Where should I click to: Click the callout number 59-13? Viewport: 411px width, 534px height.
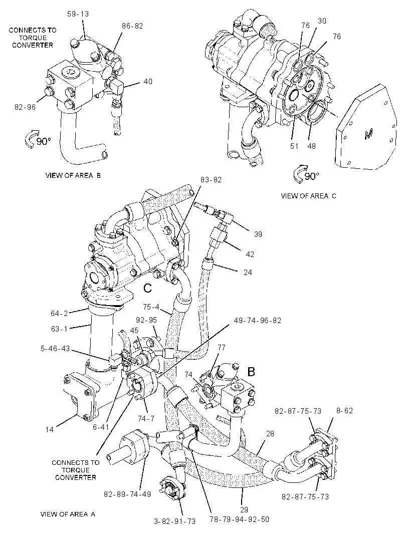click(x=78, y=14)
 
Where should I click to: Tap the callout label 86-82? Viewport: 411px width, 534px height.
click(x=132, y=26)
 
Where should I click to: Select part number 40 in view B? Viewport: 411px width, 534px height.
click(x=148, y=81)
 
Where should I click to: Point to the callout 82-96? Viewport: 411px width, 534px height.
click(x=25, y=107)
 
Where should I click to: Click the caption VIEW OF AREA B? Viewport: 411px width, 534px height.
click(x=73, y=175)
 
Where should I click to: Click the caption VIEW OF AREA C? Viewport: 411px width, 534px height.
click(x=308, y=196)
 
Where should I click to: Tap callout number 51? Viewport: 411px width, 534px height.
click(x=294, y=146)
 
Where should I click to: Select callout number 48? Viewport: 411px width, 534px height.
click(x=311, y=146)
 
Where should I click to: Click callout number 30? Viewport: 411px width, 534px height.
click(x=322, y=21)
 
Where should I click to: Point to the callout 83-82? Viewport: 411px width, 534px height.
click(x=211, y=180)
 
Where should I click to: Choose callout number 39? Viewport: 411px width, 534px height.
click(x=258, y=234)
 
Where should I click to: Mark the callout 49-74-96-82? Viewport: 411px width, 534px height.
click(x=258, y=321)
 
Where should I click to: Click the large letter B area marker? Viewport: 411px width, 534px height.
click(x=251, y=372)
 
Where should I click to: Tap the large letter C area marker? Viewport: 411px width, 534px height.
click(x=147, y=289)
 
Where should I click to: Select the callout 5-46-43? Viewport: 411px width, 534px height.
click(x=55, y=349)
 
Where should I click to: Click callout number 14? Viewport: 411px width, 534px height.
click(x=50, y=429)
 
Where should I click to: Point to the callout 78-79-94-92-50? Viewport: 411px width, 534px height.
click(x=240, y=519)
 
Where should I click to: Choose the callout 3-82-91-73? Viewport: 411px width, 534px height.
click(x=175, y=521)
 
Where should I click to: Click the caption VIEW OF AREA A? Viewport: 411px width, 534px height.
click(x=68, y=514)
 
